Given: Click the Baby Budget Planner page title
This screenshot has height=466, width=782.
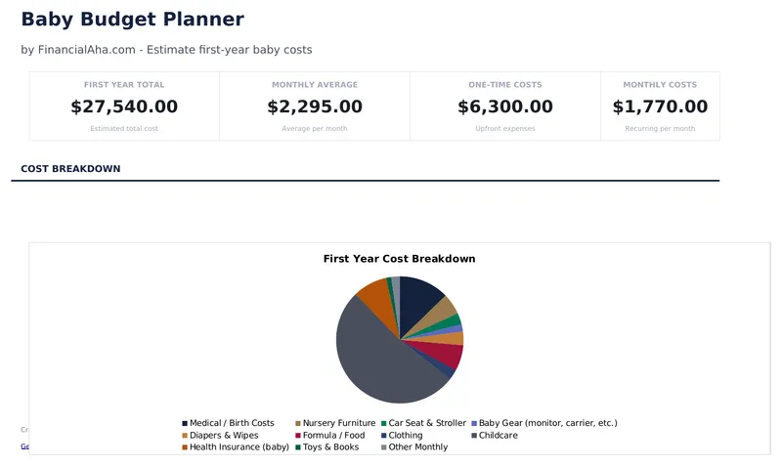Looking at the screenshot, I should pos(132,20).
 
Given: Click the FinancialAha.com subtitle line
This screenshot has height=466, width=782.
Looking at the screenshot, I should pos(166,50).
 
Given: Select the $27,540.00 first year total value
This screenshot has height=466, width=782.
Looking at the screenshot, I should pos(124,106).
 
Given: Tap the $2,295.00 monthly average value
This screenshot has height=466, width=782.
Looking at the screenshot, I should pos(314,106).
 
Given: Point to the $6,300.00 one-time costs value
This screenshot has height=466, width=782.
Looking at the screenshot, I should pos(504,106).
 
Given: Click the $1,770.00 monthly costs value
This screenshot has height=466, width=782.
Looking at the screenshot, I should pos(660,106).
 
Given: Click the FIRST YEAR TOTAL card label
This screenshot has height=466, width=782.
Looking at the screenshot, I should pos(124,85).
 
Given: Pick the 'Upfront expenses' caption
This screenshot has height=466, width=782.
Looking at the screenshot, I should pos(504,129).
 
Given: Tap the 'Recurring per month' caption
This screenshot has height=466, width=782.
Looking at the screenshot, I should pos(660,129).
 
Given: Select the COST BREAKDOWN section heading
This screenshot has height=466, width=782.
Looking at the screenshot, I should pos(70,169).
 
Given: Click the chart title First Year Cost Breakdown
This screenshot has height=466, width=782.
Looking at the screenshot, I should pos(399,259).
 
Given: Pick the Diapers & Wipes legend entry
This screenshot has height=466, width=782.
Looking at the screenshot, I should pos(224,435).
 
